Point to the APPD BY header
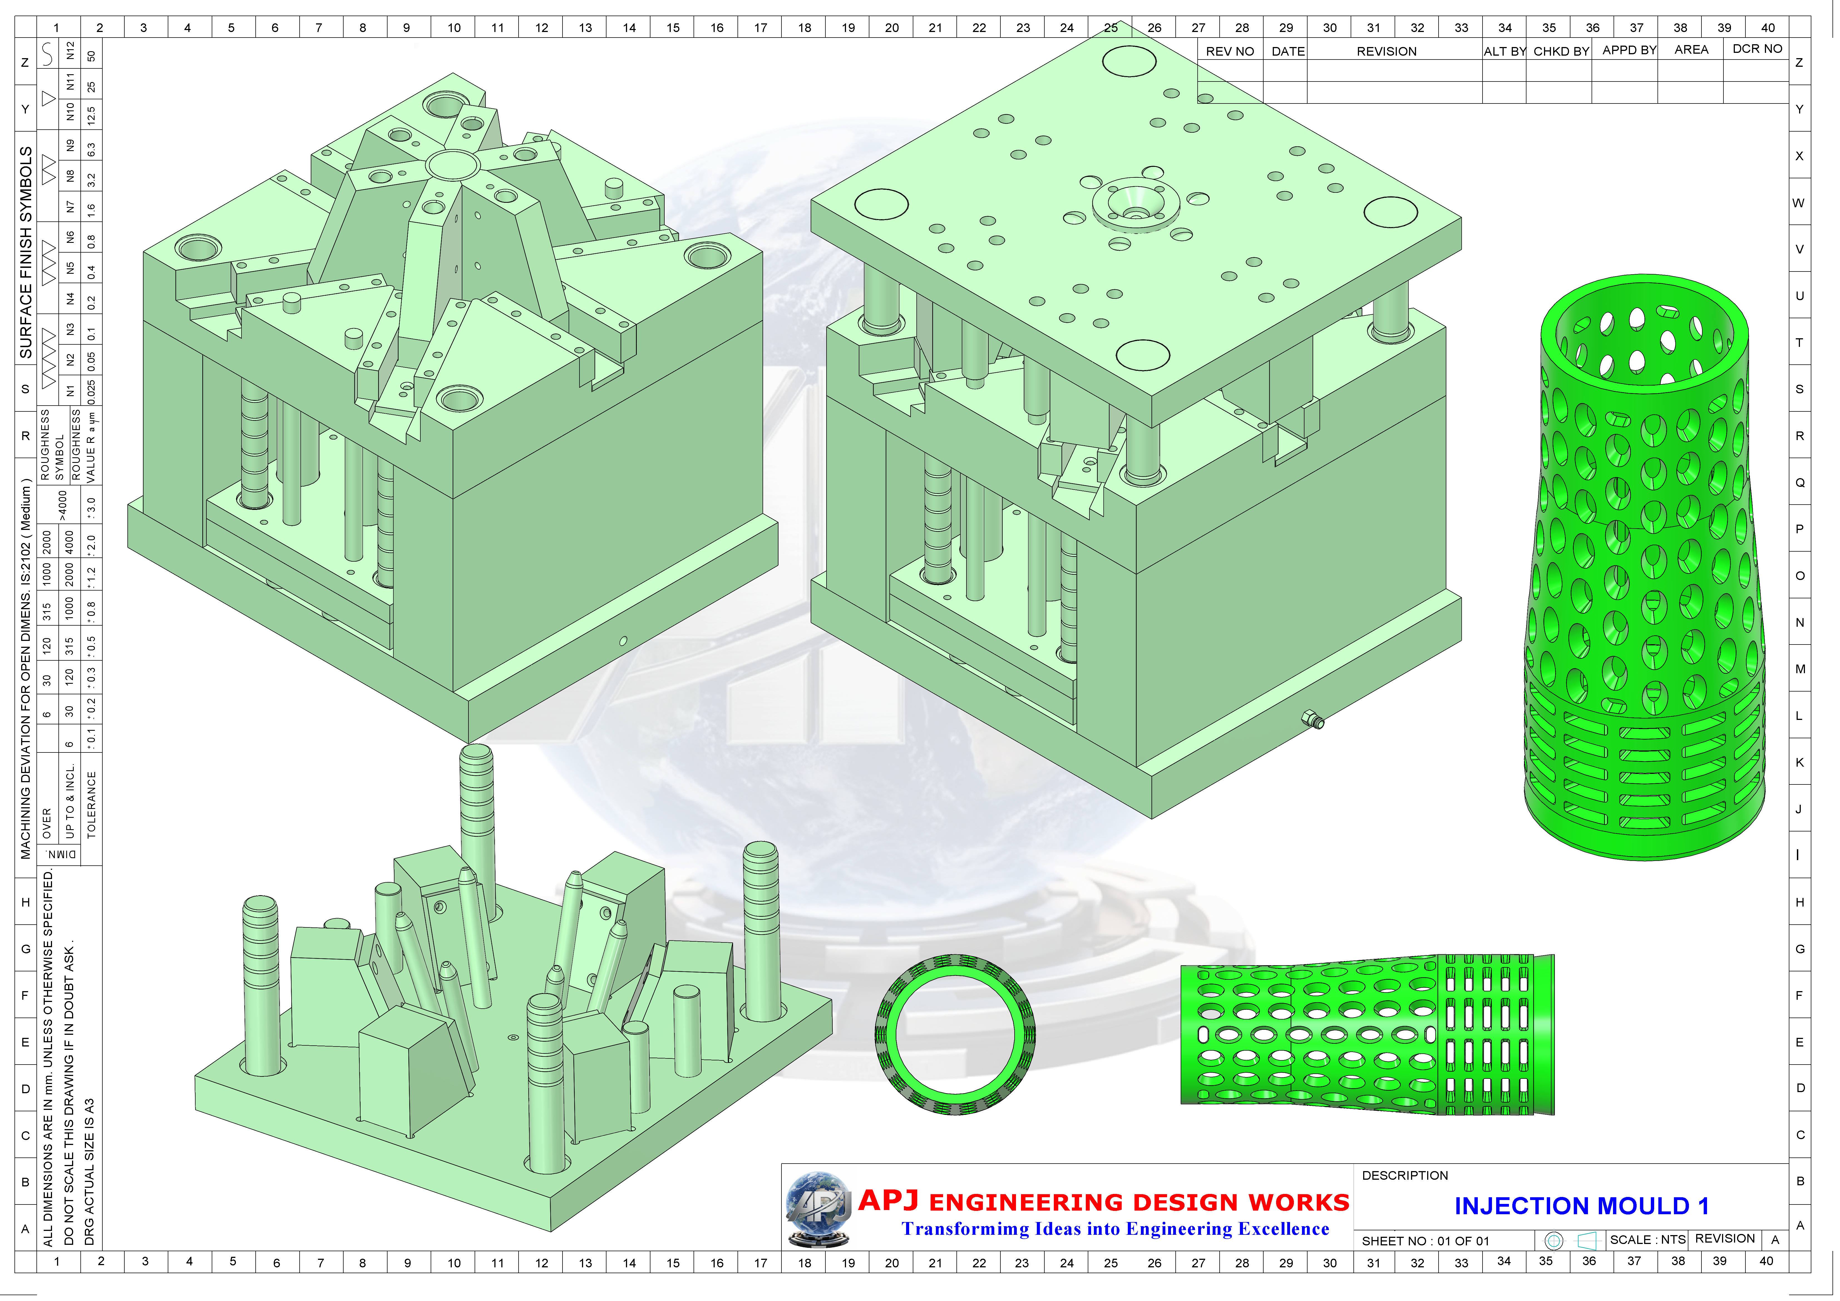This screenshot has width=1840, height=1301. (x=1629, y=50)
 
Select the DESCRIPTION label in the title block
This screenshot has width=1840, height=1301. (x=1405, y=1175)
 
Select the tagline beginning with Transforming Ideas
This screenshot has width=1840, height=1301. (x=1115, y=1229)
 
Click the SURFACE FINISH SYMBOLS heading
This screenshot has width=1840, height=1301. (x=26, y=252)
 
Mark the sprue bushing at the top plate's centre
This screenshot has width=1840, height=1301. (x=1135, y=207)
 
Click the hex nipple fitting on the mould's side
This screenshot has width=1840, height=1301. (x=1313, y=719)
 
